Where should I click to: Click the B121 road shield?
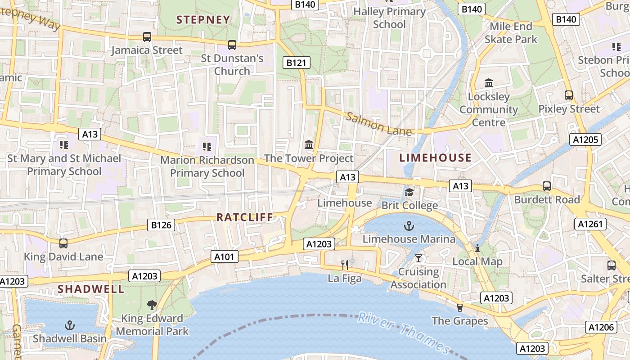click(x=296, y=63)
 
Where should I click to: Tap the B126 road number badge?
click(x=161, y=225)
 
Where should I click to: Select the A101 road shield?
click(x=224, y=257)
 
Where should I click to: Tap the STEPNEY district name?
click(x=203, y=20)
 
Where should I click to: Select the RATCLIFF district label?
click(x=245, y=217)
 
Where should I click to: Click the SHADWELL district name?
click(x=90, y=289)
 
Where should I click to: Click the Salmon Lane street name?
click(x=378, y=124)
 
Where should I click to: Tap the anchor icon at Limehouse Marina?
click(x=409, y=226)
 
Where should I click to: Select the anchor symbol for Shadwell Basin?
click(x=70, y=325)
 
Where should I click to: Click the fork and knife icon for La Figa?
click(x=345, y=265)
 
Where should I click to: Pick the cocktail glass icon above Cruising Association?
click(x=418, y=258)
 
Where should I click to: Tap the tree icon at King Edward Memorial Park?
click(x=152, y=305)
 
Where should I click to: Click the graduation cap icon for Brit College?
click(x=409, y=193)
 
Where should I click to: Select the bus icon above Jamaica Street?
click(x=147, y=37)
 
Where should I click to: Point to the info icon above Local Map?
click(x=477, y=248)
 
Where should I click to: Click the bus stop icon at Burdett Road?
click(x=547, y=186)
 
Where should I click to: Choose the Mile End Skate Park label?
click(x=511, y=33)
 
